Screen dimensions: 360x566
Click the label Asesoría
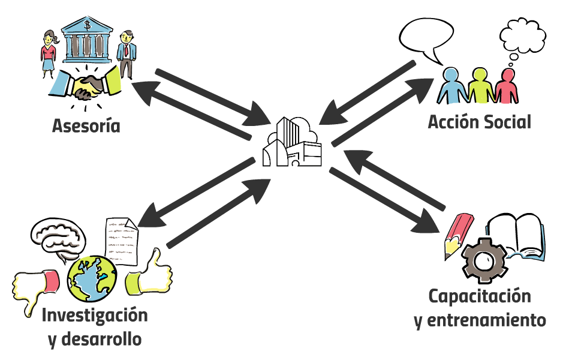click(86, 127)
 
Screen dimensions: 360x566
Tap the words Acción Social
click(479, 122)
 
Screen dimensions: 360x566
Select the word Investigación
click(95, 314)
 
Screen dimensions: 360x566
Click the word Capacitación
click(480, 296)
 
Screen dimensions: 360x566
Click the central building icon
click(292, 143)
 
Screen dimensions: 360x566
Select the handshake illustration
click(87, 87)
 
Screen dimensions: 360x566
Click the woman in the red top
click(49, 53)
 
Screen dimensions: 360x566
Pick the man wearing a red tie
click(127, 54)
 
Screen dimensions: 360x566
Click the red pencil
click(455, 235)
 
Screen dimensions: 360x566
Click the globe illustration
click(91, 279)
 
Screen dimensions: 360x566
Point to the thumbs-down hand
click(35, 287)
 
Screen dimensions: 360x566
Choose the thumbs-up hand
click(149, 274)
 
